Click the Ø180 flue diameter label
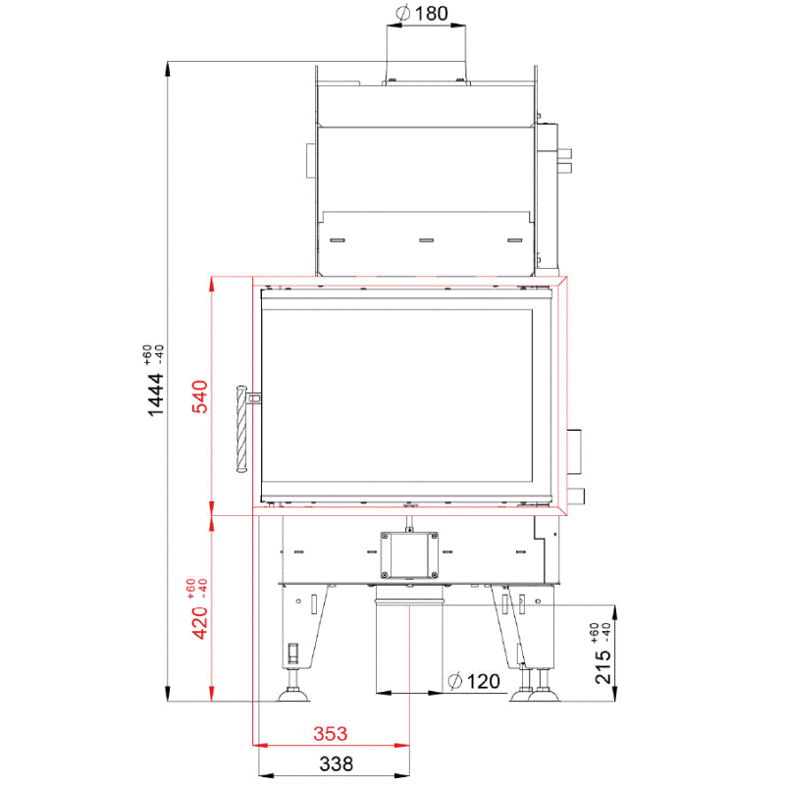(422, 14)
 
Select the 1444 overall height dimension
(156, 394)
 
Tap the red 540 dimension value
(200, 396)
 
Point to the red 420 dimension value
(200, 623)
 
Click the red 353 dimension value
(331, 734)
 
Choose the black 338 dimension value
(337, 764)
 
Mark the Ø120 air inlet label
(474, 681)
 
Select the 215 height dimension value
(603, 667)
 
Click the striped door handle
(241, 429)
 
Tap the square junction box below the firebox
(409, 555)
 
